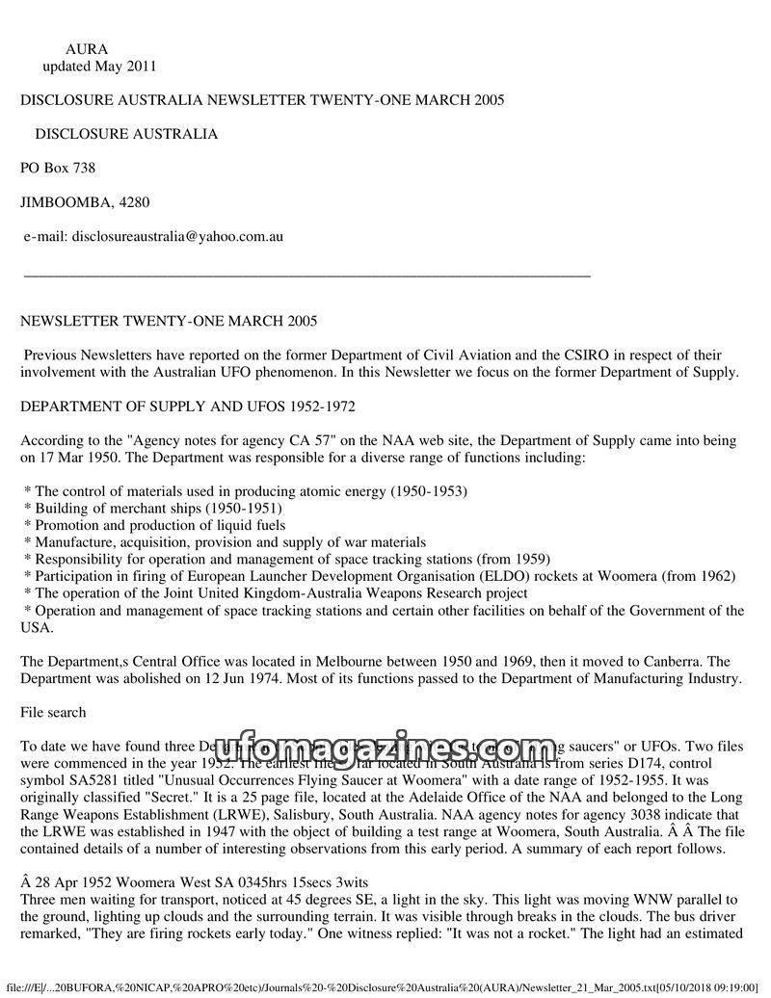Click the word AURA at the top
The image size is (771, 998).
coord(87,49)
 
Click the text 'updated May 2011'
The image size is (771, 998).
coord(99,66)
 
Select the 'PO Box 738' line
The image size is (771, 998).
coord(58,169)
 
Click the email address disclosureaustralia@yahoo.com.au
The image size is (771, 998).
coord(177,236)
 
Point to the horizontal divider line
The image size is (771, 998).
coord(306,276)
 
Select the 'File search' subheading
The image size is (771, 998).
coord(53,713)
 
